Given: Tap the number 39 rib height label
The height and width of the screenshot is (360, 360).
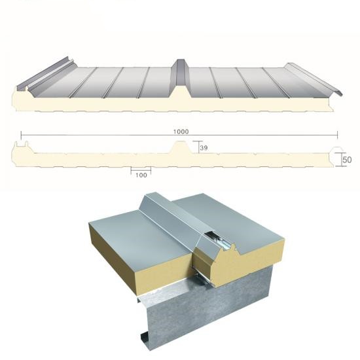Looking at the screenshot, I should tap(204, 148).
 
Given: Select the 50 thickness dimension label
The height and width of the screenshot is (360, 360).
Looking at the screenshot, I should tap(347, 160).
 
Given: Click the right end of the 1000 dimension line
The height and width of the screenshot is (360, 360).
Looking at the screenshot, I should tap(338, 135).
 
